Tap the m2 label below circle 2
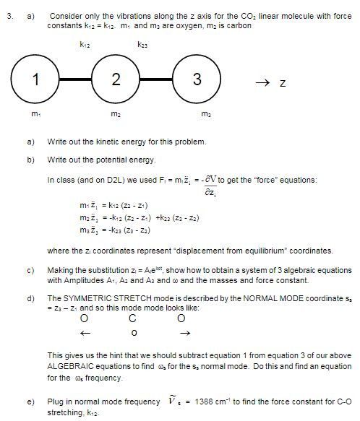(x=115, y=114)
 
